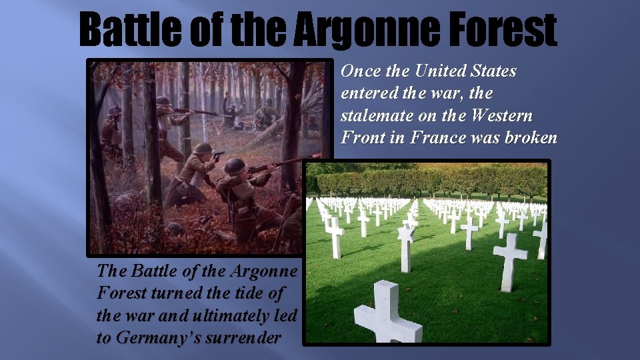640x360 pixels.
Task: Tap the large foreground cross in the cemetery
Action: [387, 313]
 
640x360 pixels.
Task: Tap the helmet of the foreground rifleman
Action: [235, 166]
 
